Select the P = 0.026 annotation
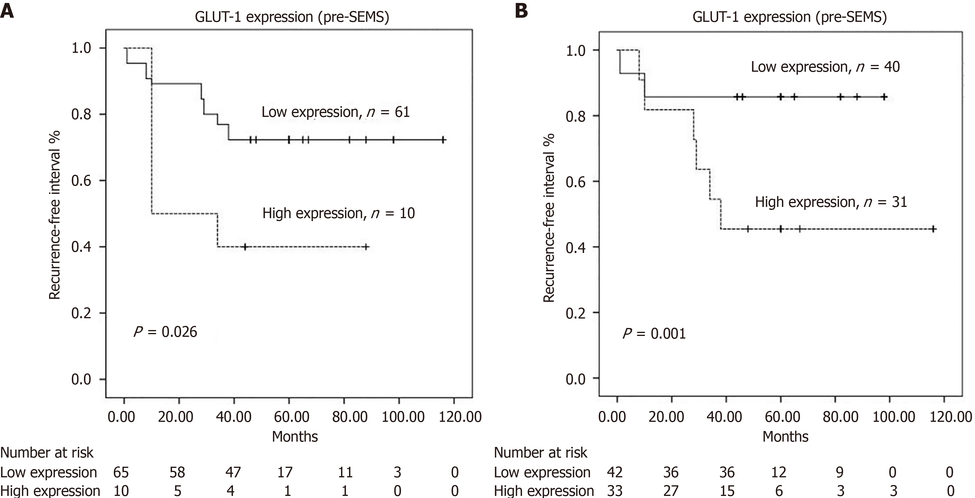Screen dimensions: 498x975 coord(166,332)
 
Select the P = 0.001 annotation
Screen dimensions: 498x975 coord(654,334)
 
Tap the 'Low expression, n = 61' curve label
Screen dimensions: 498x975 coord(335,112)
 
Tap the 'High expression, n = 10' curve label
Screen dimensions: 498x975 coord(338,213)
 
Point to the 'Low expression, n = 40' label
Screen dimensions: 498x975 coord(825,67)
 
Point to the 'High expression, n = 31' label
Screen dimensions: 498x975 coord(831,202)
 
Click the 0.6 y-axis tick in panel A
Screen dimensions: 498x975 coord(81,180)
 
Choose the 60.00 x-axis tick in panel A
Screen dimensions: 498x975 coord(291,417)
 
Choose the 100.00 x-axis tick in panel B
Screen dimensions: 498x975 coord(894,417)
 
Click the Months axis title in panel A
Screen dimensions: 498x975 coord(295,436)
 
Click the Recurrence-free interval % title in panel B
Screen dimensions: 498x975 coord(549,218)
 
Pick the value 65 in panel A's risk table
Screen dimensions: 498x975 coord(121,472)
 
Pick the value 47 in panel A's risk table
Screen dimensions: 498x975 coord(233,472)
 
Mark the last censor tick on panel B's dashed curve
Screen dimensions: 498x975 coord(933,229)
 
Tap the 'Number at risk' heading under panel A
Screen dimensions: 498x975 coord(47,453)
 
